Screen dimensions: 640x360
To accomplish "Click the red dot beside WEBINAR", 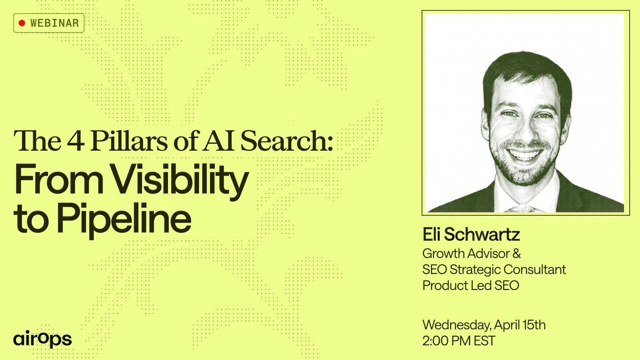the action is point(22,23).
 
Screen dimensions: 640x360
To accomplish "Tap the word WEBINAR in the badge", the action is point(54,23).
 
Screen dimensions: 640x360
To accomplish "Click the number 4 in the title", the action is point(76,140).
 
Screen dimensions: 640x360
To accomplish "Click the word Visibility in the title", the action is point(180,180).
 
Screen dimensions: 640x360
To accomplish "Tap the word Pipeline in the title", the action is point(124,220).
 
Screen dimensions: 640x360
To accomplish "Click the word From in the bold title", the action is point(59,180).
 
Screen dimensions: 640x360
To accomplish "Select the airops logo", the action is point(42,339).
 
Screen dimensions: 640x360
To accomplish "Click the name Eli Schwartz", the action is point(471,234).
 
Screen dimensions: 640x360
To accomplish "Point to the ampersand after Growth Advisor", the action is point(516,254).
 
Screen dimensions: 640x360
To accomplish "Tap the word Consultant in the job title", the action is point(534,270).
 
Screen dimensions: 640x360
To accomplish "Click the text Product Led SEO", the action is point(470,286).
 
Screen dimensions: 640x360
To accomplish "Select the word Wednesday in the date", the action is point(457,325).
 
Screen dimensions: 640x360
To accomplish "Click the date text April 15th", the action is point(520,325).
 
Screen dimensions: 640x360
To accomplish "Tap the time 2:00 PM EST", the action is point(459,341).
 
